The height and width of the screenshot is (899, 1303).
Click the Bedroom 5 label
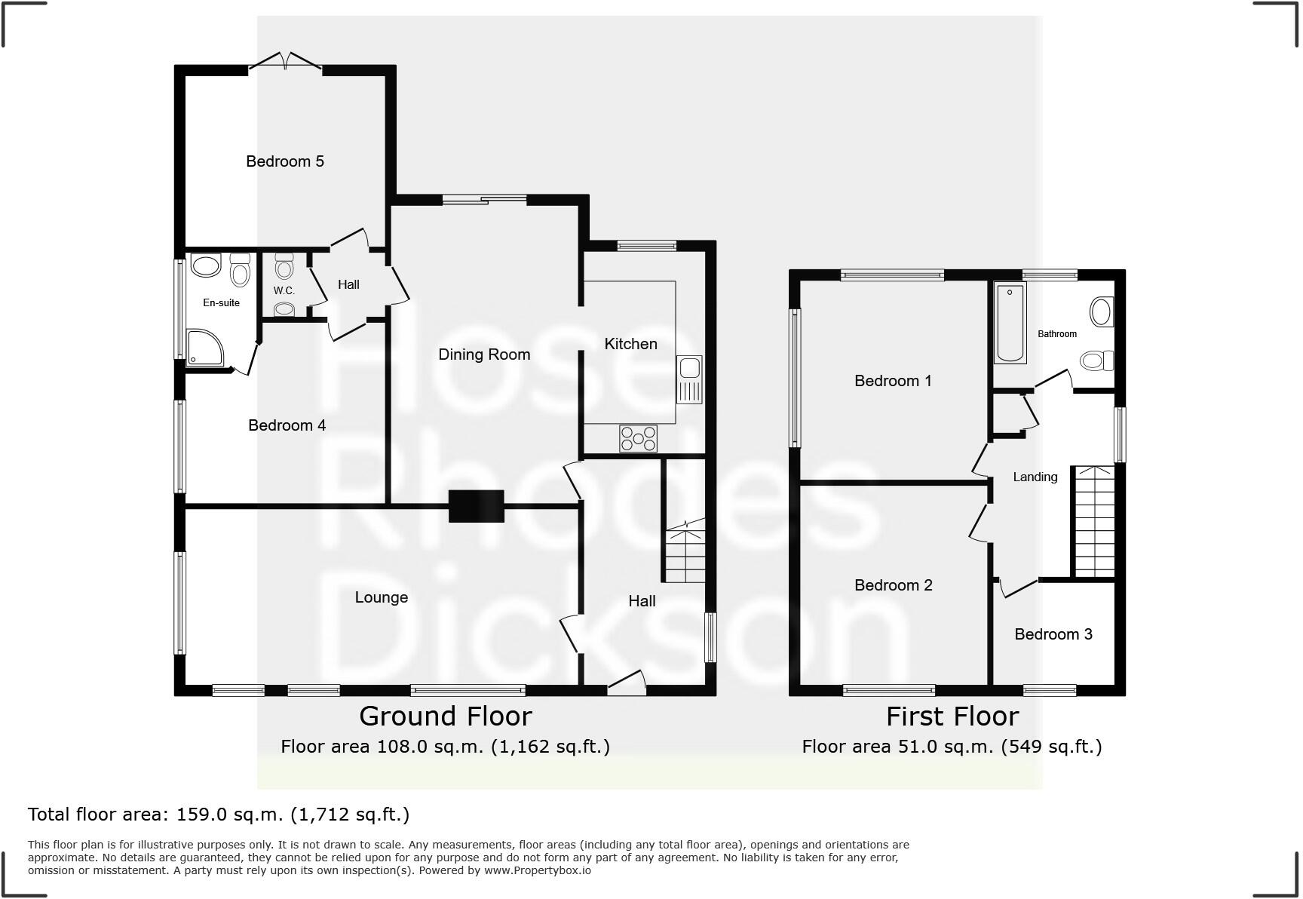click(x=285, y=161)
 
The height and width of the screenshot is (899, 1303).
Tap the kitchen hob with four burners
click(x=638, y=438)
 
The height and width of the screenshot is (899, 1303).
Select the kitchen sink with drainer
click(x=690, y=379)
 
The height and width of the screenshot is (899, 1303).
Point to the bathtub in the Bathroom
click(x=1010, y=323)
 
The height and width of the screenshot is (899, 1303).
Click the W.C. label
click(x=284, y=290)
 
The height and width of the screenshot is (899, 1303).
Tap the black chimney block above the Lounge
click(x=476, y=506)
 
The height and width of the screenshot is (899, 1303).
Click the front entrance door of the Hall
click(x=627, y=683)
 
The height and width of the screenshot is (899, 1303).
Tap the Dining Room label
click(x=484, y=354)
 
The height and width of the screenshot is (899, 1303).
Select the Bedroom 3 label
click(x=1053, y=634)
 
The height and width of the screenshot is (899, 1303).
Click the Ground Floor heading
click(x=445, y=716)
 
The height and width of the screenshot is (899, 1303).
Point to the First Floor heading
click(x=952, y=716)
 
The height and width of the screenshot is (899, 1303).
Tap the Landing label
click(x=1035, y=477)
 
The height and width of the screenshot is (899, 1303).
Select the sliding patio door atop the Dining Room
click(x=484, y=200)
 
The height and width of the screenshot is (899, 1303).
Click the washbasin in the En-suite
click(x=204, y=265)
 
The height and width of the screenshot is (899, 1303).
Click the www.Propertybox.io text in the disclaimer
click(x=538, y=870)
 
